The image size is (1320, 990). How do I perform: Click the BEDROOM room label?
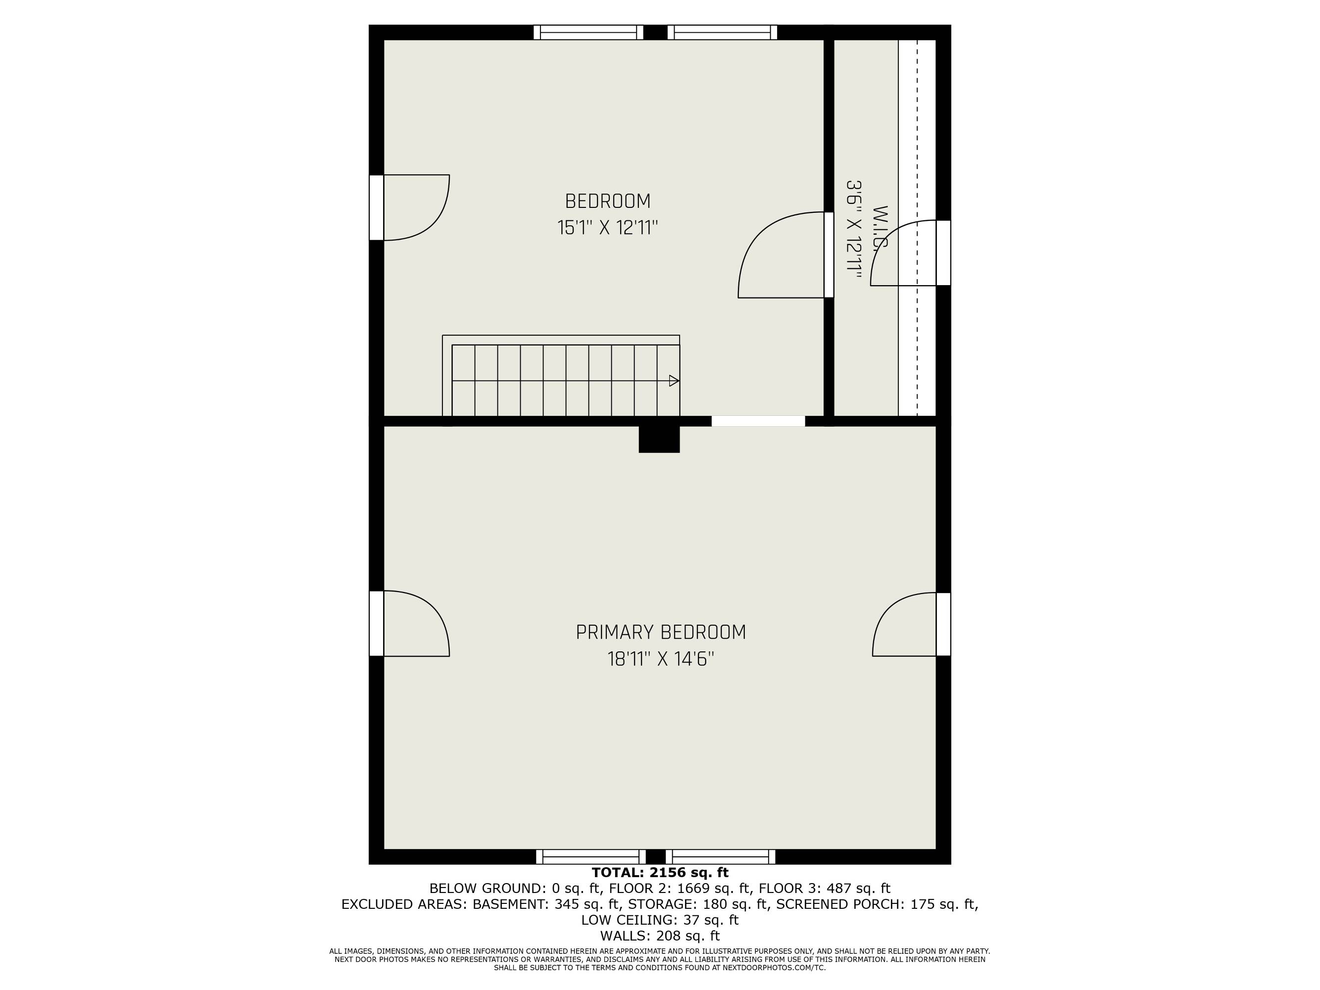[x=607, y=201]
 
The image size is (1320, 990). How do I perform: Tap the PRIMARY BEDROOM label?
[x=661, y=633]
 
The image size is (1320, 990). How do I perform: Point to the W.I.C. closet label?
[x=880, y=230]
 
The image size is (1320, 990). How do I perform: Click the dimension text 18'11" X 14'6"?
[x=661, y=659]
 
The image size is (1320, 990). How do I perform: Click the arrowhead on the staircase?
[x=674, y=381]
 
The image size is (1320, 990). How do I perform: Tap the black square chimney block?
[x=659, y=439]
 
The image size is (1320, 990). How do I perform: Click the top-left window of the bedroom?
[x=588, y=32]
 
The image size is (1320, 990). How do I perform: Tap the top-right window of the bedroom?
[x=722, y=32]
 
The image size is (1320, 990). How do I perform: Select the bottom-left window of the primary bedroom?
[x=591, y=857]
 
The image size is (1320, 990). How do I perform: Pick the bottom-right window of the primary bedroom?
[x=720, y=857]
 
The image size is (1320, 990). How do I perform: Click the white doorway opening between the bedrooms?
[x=758, y=421]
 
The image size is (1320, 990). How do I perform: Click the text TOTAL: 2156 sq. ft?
[x=660, y=873]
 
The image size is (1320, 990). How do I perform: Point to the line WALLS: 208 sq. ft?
[x=660, y=936]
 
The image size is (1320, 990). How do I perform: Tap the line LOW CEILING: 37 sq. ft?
[x=660, y=920]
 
